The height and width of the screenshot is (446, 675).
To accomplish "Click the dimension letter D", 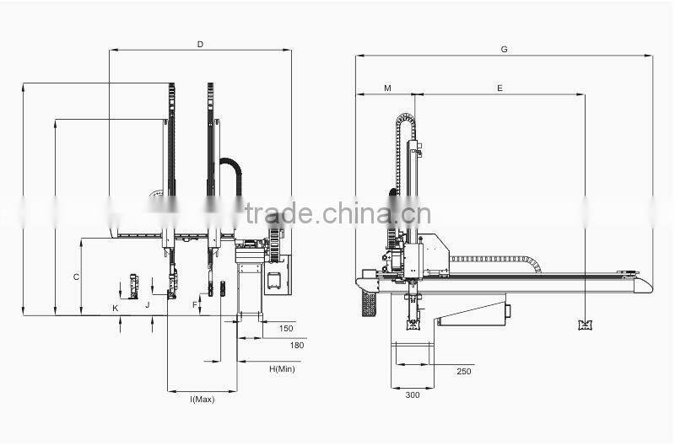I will point(200,43).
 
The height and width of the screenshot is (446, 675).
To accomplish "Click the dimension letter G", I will point(504,49).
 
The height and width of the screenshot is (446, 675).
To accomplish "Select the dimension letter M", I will point(387,88).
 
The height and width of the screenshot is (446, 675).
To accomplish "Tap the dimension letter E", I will point(499,88).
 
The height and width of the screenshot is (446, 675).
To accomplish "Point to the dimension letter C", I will point(76,277).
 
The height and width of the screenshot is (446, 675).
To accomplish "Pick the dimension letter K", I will point(116,309).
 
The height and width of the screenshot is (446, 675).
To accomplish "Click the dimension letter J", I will point(146,304).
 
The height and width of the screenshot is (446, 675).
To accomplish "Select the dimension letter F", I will point(194,304).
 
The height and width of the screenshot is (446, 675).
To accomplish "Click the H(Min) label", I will point(282,368).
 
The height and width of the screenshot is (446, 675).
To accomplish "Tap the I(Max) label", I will point(202,399).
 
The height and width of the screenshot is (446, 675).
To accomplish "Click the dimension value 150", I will point(285,328).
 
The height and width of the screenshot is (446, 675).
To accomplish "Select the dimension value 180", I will point(296,345).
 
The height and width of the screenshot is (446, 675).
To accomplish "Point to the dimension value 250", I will point(464,371).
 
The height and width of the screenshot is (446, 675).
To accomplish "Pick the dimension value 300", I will point(412,395).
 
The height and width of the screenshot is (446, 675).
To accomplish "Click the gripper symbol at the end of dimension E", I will point(584,325).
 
